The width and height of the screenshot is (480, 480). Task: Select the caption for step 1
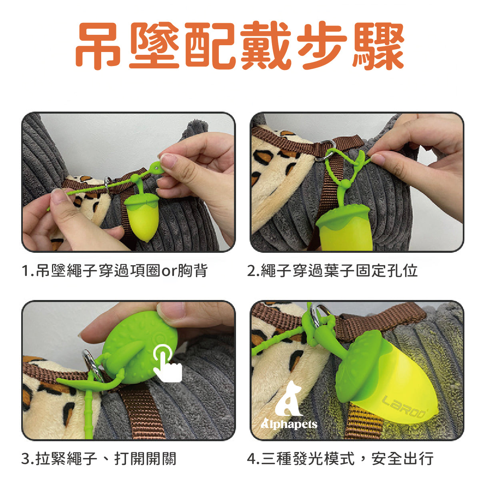(x=114, y=271)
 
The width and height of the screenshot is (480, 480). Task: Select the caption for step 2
(x=332, y=271)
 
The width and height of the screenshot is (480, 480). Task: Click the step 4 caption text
(x=340, y=458)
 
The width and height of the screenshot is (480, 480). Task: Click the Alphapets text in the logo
(x=289, y=424)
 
